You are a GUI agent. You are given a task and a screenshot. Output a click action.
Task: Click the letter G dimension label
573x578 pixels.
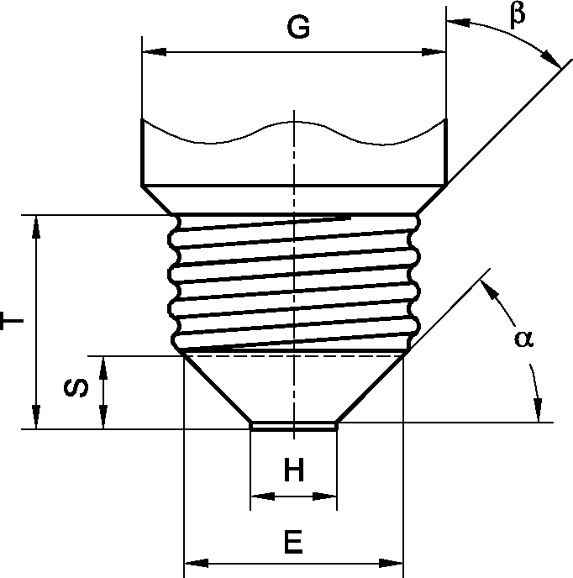298,27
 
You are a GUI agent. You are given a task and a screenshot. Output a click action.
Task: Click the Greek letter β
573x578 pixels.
518,15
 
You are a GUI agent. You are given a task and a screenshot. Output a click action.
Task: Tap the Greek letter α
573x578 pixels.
523,339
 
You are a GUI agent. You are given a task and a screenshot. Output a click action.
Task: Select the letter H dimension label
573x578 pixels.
294,470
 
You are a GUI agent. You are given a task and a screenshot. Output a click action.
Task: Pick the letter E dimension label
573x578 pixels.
293,542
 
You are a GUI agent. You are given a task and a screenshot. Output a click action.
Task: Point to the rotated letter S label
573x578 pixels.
76,388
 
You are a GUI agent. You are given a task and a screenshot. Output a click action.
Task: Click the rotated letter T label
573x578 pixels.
12,321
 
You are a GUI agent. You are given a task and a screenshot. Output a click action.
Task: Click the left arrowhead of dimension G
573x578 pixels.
154,52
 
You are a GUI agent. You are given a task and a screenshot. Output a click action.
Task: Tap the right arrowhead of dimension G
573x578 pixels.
434,52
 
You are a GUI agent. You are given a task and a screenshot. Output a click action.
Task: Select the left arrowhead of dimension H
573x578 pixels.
262,497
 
